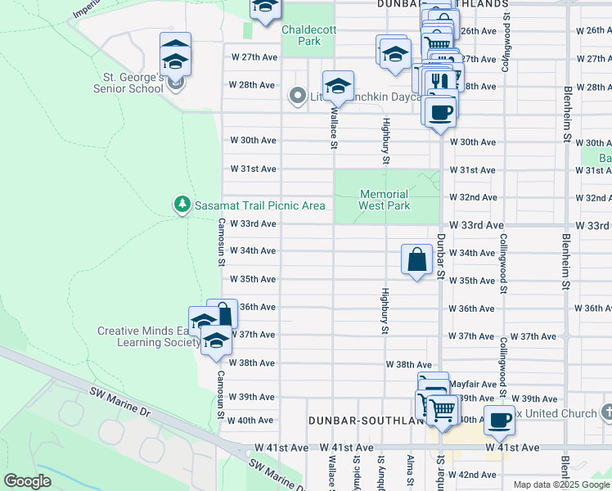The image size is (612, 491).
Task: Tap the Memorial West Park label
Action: click(x=385, y=200)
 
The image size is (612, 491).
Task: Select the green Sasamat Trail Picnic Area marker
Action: click(x=182, y=205)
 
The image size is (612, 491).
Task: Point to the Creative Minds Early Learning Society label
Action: click(x=149, y=336)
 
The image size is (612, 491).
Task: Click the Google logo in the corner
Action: click(x=28, y=481)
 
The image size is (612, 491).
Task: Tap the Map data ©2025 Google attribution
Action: click(x=560, y=484)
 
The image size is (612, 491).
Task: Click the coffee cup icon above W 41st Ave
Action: click(x=499, y=421)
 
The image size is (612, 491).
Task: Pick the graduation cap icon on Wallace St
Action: click(x=337, y=85)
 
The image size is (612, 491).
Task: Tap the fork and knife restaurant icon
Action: click(x=441, y=81)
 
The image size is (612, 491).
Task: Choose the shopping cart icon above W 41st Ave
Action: click(x=442, y=408)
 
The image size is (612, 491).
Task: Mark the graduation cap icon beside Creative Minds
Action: click(x=216, y=340)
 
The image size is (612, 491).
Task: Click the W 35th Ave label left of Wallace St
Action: click(x=253, y=279)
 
